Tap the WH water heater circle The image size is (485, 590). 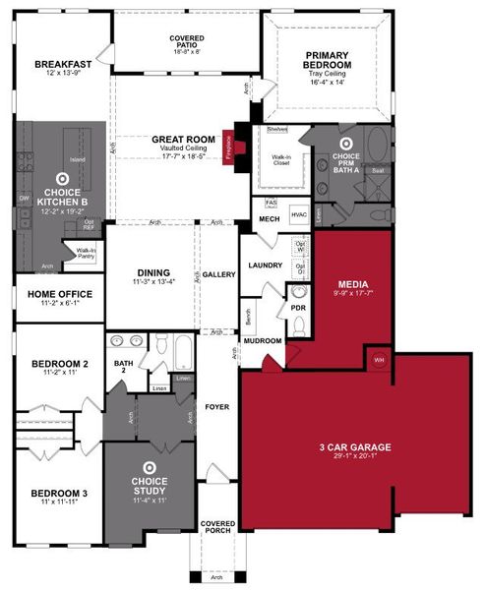pyautogui.click(x=379, y=360)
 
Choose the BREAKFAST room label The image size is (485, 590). pyautogui.click(x=62, y=65)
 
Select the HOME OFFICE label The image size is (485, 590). pyautogui.click(x=60, y=293)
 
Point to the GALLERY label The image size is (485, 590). pyautogui.click(x=219, y=274)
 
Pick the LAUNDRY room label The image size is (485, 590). pyautogui.click(x=266, y=265)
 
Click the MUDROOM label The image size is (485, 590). pyautogui.click(x=264, y=340)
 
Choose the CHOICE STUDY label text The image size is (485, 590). pyautogui.click(x=150, y=485)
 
